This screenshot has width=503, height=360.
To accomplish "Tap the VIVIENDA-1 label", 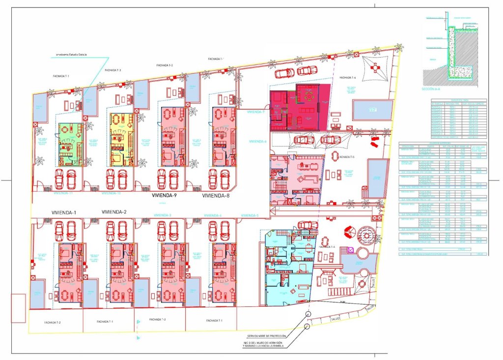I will coord(64,212).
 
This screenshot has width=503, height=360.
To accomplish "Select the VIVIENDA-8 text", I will coord(216,195).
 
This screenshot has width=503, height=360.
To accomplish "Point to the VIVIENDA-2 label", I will coord(114,212).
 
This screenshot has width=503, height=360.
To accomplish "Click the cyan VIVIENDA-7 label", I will coord(256,112).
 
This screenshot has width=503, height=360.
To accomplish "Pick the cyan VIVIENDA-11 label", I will coord(63,194).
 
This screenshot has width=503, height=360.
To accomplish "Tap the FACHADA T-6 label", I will coord(347,77).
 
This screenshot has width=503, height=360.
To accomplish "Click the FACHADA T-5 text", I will coord(347,156).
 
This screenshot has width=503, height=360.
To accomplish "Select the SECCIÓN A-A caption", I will coord(431,90).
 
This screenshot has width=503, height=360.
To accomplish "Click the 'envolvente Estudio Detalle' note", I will coord(72,54).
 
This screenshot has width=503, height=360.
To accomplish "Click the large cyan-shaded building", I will coord(287,268).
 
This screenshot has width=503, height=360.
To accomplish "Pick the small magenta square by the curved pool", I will coord(350,250).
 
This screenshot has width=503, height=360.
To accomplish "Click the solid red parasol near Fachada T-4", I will coord(350,231).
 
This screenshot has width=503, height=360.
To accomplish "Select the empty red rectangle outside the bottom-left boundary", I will coord(18,308).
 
